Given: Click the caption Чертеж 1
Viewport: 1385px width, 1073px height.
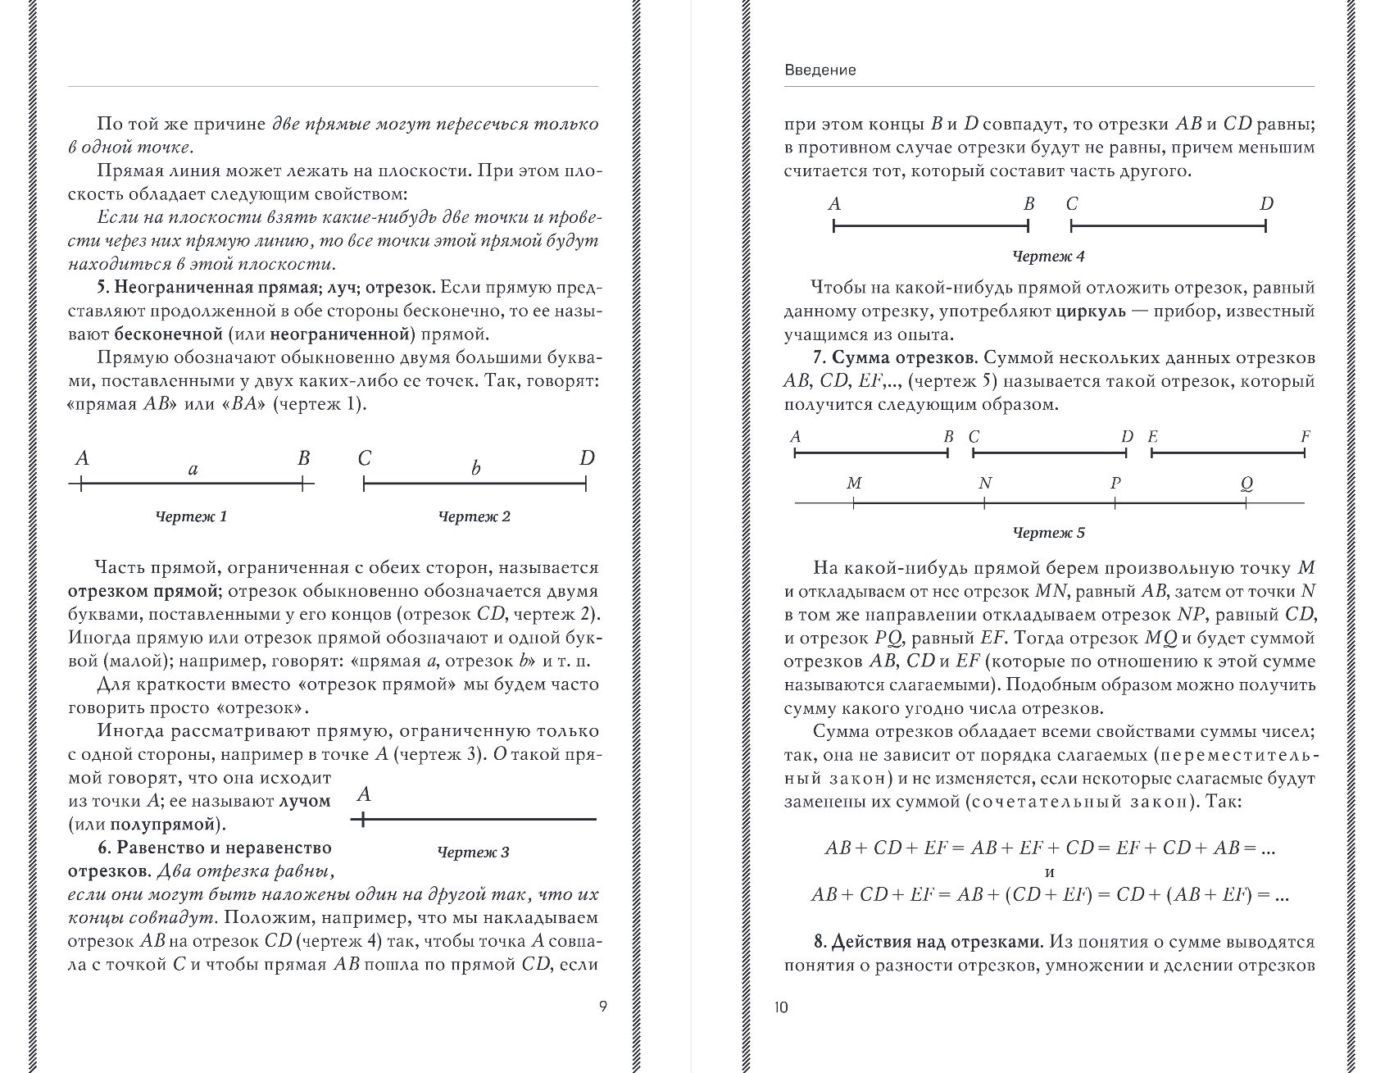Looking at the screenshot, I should click(191, 516).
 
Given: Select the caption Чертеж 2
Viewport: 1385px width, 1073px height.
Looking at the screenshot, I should click(475, 516).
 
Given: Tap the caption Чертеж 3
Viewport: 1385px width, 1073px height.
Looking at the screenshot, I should click(474, 852).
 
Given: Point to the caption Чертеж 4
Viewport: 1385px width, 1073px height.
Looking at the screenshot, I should click(1049, 257).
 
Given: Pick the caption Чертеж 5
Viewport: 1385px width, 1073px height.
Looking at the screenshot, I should click(1049, 533).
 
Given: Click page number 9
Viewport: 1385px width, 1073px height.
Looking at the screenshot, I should click(603, 1007).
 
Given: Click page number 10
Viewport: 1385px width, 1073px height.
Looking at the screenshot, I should click(780, 1007).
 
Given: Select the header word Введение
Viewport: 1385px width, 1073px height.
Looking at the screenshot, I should click(820, 70).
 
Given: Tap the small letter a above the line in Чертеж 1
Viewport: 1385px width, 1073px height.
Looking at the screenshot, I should click(193, 469).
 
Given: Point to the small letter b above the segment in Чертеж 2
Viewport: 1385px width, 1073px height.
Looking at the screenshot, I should click(475, 469).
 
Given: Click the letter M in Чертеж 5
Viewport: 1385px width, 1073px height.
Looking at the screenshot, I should click(854, 484).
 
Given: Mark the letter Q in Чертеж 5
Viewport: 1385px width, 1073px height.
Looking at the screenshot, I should click(1246, 484).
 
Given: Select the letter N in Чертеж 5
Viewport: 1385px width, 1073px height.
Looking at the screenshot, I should click(985, 484).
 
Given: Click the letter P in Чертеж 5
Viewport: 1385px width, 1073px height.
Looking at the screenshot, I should click(1115, 484).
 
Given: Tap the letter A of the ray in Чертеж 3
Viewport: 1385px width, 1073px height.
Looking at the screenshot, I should click(365, 794).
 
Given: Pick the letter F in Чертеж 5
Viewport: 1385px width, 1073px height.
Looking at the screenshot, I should click(1306, 437).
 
